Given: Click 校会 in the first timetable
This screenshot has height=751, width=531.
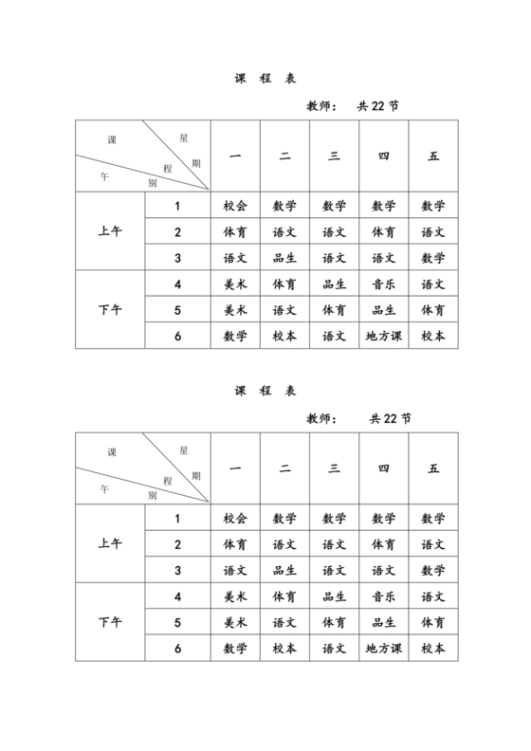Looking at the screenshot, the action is pos(235,206).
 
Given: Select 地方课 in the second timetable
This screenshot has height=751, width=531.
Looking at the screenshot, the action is pos(384,649).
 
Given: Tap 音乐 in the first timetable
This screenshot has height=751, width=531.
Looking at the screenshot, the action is pos(384,284).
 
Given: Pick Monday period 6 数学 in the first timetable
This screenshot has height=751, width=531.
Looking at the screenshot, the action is pos(235,336).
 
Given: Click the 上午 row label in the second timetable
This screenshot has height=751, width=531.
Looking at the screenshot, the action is pos(110,544).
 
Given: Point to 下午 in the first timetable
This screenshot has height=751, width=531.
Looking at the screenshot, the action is pos(110,309).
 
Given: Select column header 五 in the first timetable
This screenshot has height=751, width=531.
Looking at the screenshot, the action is pos(434,156).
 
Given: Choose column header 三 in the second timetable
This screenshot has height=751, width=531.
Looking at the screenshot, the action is pos(334,468).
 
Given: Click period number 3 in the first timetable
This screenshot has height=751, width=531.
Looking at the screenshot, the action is pos(177,258).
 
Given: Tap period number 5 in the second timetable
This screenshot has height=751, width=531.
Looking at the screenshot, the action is pos(177,623).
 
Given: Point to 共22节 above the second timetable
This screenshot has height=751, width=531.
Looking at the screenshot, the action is pos(390,418).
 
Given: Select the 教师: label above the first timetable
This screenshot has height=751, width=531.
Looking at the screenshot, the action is pos(323,105).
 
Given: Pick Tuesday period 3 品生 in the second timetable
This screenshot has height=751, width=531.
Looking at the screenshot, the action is pos(284,571).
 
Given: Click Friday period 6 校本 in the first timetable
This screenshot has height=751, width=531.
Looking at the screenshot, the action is pos(434,336).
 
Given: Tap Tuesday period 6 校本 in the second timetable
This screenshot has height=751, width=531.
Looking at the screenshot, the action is pos(284,649).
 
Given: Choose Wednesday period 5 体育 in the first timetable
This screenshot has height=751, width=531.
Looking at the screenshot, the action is pos(334,310).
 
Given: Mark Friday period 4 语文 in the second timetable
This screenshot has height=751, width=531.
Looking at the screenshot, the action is pos(434,596).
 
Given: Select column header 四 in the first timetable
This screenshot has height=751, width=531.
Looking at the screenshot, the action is pos(384,156).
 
